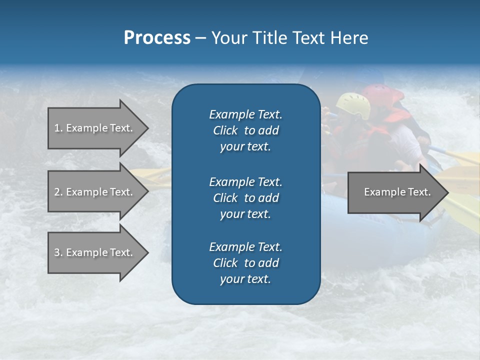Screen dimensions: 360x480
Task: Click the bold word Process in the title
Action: pos(157,38)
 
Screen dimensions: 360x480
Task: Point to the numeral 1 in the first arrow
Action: pos(57,128)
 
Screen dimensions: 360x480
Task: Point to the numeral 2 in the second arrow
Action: pos(57,192)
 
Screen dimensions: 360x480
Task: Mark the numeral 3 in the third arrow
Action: pos(57,252)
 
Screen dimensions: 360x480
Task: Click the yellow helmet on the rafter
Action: pos(353,104)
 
